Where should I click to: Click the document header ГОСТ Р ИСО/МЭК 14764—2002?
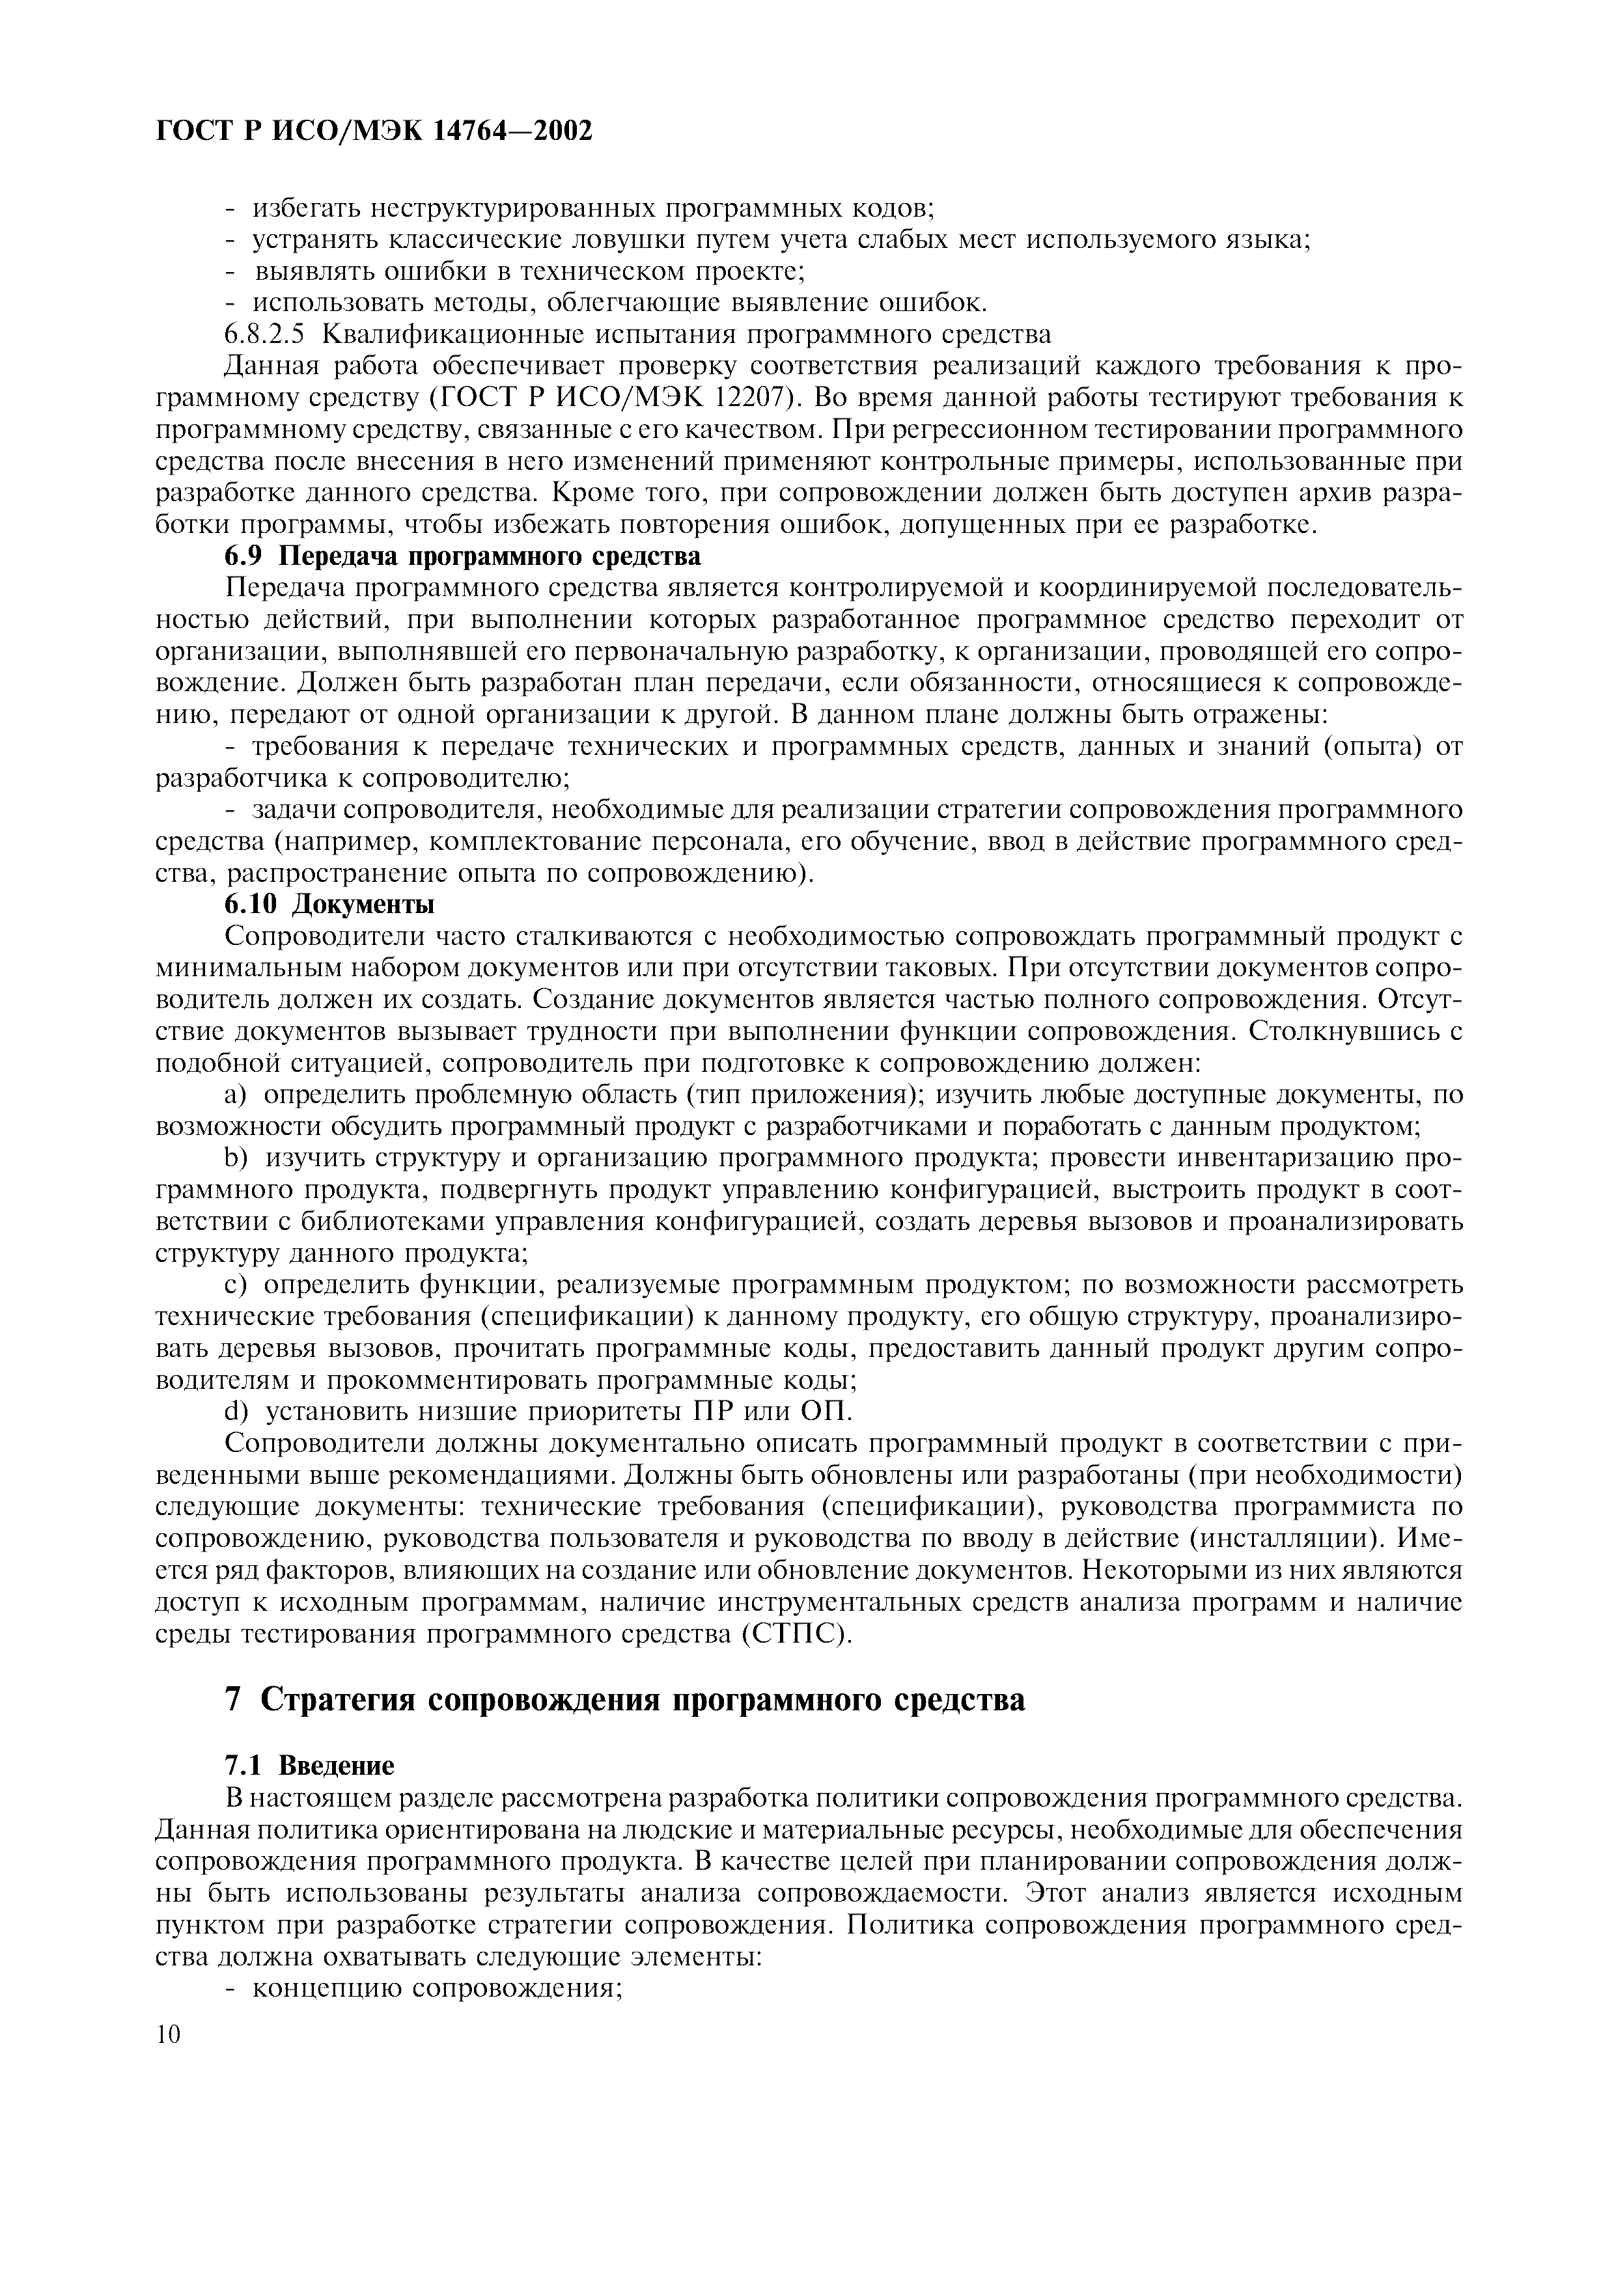[375, 130]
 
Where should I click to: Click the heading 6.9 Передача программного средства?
[462, 556]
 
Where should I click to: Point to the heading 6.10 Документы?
[329, 905]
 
